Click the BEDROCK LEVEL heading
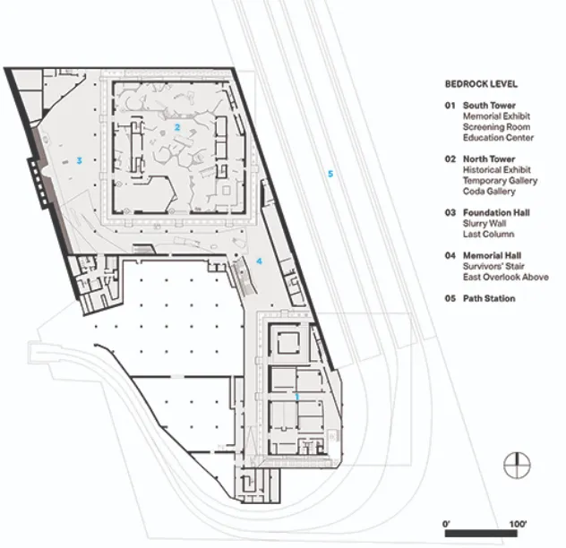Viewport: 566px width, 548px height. pyautogui.click(x=481, y=84)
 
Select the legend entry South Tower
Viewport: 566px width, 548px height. pyautogui.click(x=489, y=106)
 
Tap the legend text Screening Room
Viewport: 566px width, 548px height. pyautogui.click(x=496, y=127)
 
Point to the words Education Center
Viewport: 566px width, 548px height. pyautogui.click(x=498, y=138)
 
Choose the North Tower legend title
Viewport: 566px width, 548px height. pyautogui.click(x=489, y=158)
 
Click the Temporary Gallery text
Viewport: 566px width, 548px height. pyautogui.click(x=500, y=181)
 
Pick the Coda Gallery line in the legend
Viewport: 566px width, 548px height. pyautogui.click(x=489, y=191)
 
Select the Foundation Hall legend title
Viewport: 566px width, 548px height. pyautogui.click(x=496, y=212)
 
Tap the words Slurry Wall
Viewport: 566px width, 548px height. pyautogui.click(x=485, y=224)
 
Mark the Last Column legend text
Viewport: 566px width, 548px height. pyautogui.click(x=488, y=234)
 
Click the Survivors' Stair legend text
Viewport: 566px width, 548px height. pyautogui.click(x=493, y=266)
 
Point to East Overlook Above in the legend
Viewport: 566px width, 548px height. pyautogui.click(x=506, y=277)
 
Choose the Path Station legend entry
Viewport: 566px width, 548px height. pyautogui.click(x=489, y=298)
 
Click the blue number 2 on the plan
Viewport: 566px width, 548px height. pyautogui.click(x=177, y=127)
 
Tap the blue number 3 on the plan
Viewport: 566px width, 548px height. pyautogui.click(x=80, y=160)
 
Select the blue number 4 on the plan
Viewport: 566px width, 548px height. pyautogui.click(x=259, y=261)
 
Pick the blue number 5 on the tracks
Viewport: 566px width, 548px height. pyautogui.click(x=330, y=174)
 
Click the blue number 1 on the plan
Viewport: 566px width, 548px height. pyautogui.click(x=297, y=397)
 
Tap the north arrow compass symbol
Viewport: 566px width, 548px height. pyautogui.click(x=517, y=466)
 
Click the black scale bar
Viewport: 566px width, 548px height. pyautogui.click(x=481, y=533)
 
